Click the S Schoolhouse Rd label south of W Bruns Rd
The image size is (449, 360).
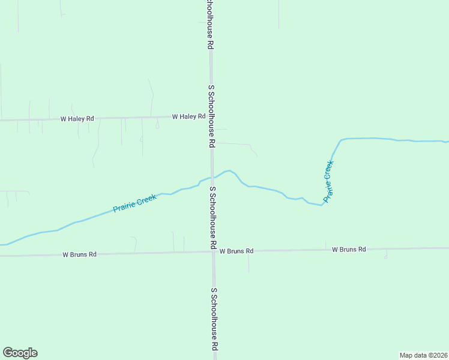click(214, 319)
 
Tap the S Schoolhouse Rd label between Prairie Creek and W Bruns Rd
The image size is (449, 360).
click(212, 218)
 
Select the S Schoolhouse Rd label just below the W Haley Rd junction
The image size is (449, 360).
click(211, 116)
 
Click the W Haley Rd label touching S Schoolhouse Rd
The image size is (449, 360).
click(188, 116)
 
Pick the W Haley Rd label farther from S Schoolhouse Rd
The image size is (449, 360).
click(77, 119)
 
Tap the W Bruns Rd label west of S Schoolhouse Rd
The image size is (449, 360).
click(79, 254)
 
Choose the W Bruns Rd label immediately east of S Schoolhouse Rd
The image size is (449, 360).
click(236, 251)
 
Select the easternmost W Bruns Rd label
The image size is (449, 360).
click(349, 249)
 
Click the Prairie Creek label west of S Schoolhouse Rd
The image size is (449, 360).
click(135, 203)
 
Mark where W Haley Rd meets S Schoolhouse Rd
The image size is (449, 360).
click(211, 116)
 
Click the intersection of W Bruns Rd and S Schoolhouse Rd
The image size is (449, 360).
click(213, 251)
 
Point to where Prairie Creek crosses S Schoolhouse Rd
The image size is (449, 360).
click(212, 177)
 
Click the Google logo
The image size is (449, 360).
click(20, 353)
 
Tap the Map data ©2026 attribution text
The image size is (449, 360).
click(424, 355)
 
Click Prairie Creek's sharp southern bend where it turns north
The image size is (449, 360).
click(322, 205)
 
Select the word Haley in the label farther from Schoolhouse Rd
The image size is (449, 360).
click(77, 119)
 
